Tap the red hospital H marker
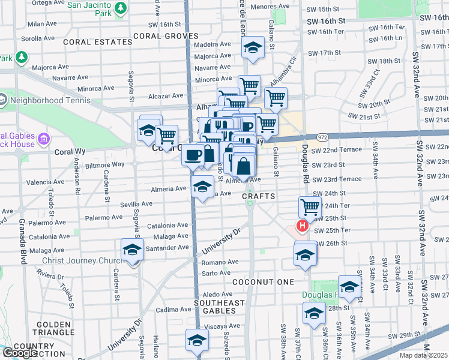pyautogui.click(x=303, y=227)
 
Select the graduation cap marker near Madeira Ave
pyautogui.click(x=253, y=47)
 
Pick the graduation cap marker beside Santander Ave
pyautogui.click(x=132, y=250)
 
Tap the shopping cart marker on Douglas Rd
pyautogui.click(x=309, y=207)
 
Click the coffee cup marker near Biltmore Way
pyautogui.click(x=193, y=155)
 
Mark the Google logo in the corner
pyautogui.click(x=19, y=353)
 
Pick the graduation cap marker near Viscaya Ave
pyautogui.click(x=197, y=340)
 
